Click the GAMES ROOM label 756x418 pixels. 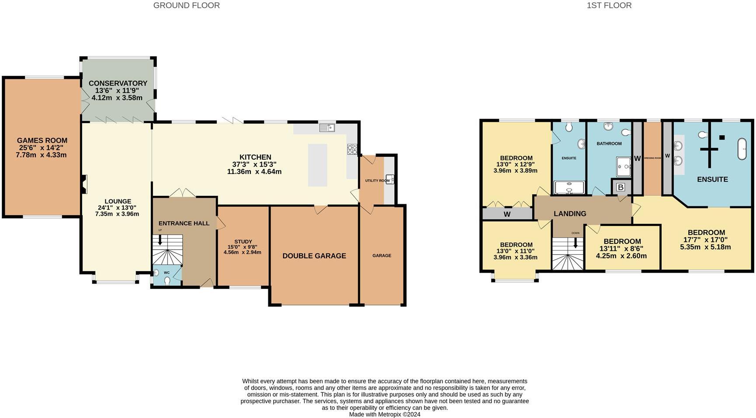pyautogui.click(x=42, y=140)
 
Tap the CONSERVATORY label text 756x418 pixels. pyautogui.click(x=118, y=83)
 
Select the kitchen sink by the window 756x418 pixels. pyautogui.click(x=326, y=127)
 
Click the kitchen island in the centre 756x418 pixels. pyautogui.click(x=317, y=165)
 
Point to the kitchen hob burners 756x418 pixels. pyautogui.click(x=352, y=149)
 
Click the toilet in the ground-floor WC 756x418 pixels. pyautogui.click(x=167, y=281)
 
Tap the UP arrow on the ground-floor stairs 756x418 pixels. pyautogui.click(x=160, y=239)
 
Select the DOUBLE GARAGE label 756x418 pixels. pyautogui.click(x=314, y=256)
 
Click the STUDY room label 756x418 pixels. pyautogui.click(x=243, y=241)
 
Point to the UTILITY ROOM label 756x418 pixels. pyautogui.click(x=377, y=181)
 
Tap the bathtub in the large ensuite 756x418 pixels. pyautogui.click(x=742, y=149)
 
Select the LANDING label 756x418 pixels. pyautogui.click(x=569, y=213)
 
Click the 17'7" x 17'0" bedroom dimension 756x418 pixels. pyautogui.click(x=705, y=240)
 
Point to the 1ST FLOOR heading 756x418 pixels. pyautogui.click(x=609, y=6)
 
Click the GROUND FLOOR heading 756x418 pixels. pyautogui.click(x=186, y=6)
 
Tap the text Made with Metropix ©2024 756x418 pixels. pyautogui.click(x=384, y=414)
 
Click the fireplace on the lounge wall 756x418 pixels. pyautogui.click(x=84, y=184)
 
